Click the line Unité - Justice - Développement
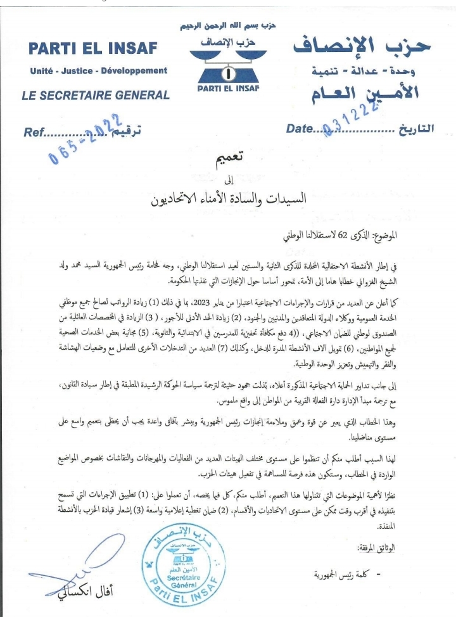98,70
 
